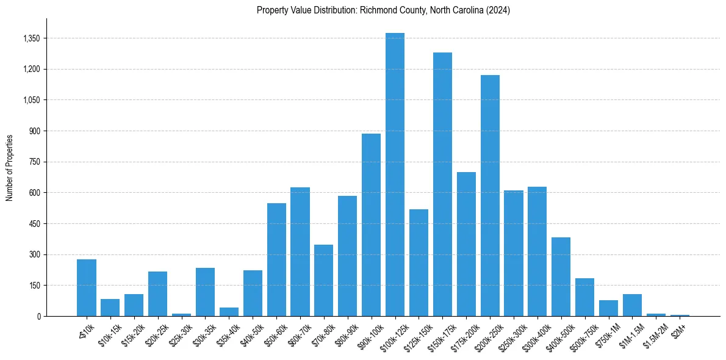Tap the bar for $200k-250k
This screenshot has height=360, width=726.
click(x=490, y=195)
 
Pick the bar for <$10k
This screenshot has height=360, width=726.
click(x=87, y=287)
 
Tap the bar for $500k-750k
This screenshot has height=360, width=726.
click(x=584, y=297)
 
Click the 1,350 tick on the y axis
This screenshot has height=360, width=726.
click(x=31, y=38)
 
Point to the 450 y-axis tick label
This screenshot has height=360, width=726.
click(x=34, y=224)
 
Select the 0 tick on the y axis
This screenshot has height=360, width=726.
click(x=38, y=316)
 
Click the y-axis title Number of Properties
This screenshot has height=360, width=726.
click(x=10, y=167)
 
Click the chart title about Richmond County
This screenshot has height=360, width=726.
click(x=383, y=10)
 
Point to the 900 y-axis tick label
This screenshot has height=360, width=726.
click(x=34, y=131)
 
